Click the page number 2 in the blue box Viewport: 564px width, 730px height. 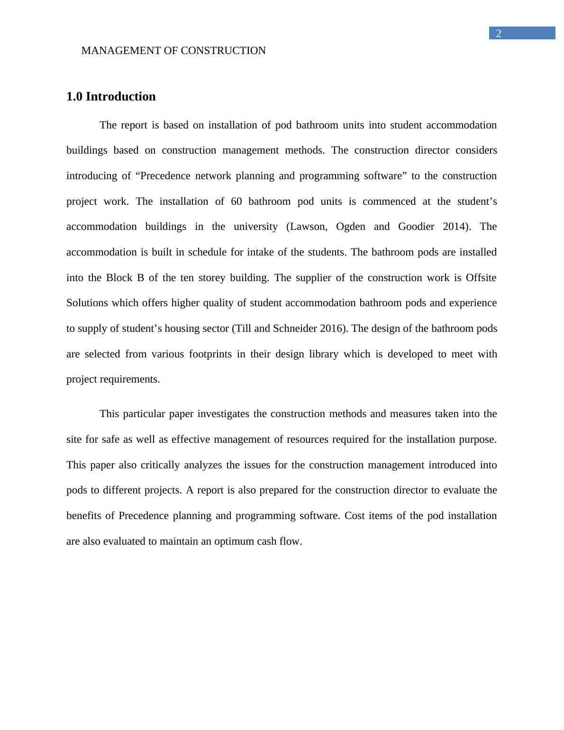point(499,34)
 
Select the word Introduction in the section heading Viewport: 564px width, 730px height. point(120,97)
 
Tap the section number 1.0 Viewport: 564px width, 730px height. point(74,97)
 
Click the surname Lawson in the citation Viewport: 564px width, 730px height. point(307,227)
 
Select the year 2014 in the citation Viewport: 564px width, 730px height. point(455,227)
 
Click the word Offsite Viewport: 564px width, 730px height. point(481,278)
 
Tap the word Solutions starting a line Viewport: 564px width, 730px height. point(88,303)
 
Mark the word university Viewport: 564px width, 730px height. point(255,227)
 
